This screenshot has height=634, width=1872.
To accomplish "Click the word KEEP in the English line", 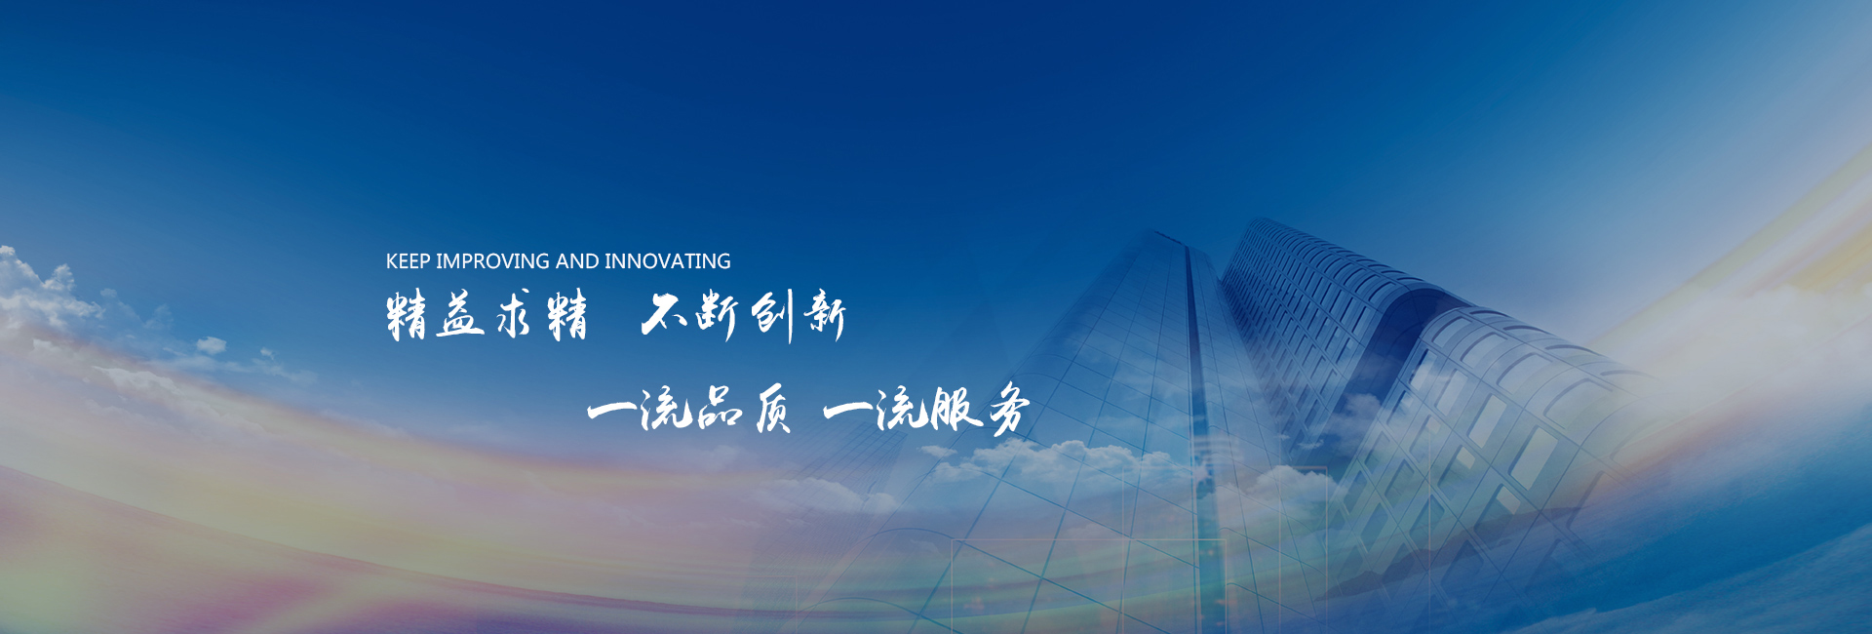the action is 408,261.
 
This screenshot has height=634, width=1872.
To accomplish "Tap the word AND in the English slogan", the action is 577,261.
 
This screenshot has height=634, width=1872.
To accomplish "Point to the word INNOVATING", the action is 668,261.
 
